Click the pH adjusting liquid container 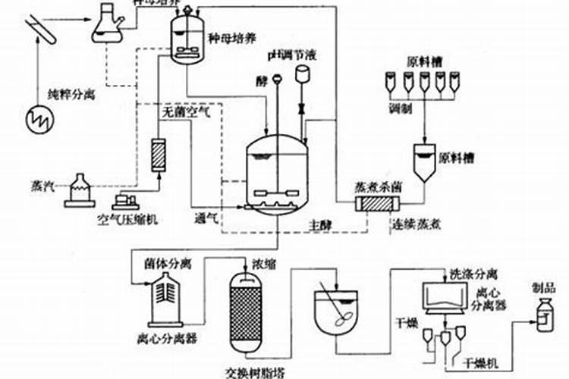[x=304, y=74]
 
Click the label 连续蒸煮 [x=417, y=224]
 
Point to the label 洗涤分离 [x=473, y=272]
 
